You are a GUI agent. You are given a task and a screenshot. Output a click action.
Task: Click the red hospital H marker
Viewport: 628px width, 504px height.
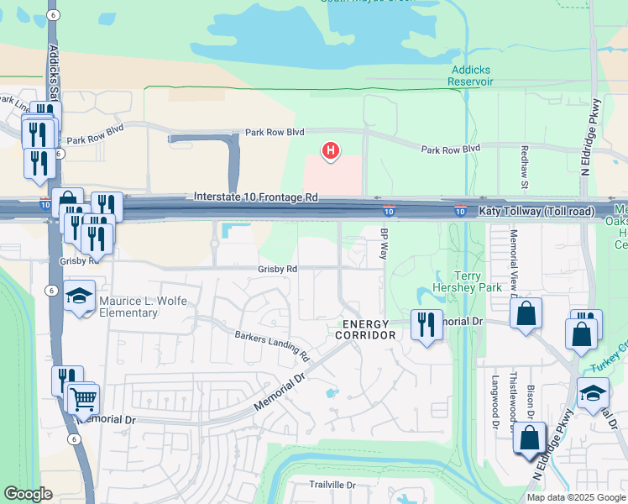332,151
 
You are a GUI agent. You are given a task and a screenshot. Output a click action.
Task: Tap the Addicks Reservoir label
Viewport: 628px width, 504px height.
471,76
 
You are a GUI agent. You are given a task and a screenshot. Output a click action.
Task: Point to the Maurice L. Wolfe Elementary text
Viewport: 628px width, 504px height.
128,307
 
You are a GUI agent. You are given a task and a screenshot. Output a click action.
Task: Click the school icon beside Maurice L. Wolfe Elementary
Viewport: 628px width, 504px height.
80,297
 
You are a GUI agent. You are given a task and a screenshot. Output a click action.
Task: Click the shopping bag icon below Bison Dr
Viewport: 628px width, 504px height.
529,438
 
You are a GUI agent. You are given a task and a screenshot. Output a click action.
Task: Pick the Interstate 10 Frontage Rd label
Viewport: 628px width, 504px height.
256,197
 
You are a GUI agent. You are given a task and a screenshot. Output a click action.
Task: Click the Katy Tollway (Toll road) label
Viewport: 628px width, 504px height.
536,211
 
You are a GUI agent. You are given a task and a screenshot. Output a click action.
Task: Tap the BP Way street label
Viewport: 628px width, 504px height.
385,244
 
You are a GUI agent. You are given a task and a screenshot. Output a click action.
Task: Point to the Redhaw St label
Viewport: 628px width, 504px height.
523,171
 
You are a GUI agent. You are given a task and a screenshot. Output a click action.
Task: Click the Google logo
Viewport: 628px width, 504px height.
29,494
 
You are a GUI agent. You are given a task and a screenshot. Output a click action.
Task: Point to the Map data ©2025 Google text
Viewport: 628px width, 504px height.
575,497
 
